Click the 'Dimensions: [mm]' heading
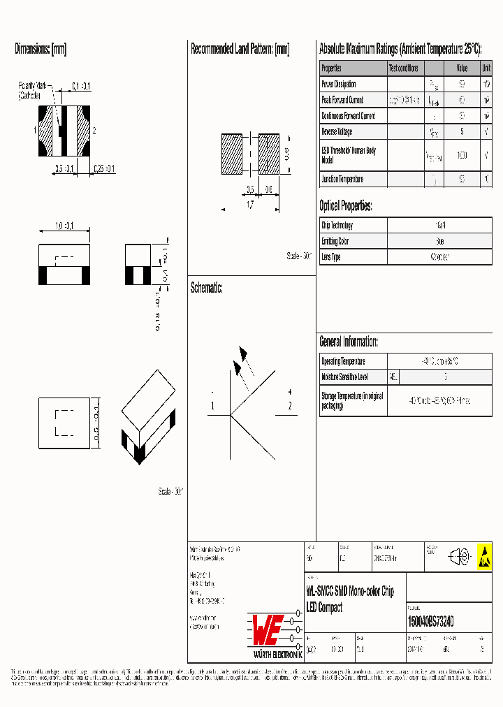point(41,50)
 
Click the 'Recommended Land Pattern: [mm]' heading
point(240,50)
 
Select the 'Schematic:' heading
point(207,288)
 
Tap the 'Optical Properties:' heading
point(346,206)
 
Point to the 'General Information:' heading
point(349,342)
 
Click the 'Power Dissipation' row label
point(339,85)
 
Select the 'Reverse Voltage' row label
point(337,132)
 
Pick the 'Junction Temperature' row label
point(342,180)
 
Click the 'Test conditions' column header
point(404,68)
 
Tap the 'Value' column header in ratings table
point(462,68)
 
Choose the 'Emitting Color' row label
point(335,242)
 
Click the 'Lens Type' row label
point(331,258)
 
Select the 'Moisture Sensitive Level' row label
point(344,377)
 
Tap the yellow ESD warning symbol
point(484,556)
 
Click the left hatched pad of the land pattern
point(231,154)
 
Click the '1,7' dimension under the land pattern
point(250,205)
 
